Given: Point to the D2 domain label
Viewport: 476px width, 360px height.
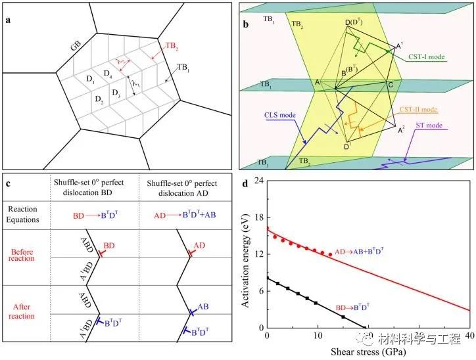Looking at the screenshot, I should [98, 101].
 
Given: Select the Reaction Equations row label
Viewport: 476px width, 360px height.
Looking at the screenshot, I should [25, 215].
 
